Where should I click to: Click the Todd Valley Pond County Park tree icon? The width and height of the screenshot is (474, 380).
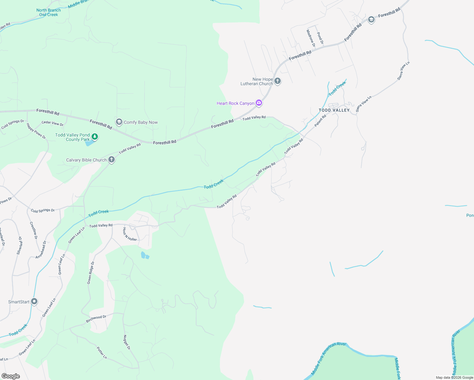[94, 137]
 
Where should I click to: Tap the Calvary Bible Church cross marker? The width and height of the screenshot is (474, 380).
[111, 160]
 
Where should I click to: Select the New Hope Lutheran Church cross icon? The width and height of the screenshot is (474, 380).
[278, 81]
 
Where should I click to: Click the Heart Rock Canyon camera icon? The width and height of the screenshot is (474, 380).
[259, 103]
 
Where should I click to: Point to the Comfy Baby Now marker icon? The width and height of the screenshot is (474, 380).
[119, 122]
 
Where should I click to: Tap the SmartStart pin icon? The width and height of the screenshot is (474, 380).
[34, 301]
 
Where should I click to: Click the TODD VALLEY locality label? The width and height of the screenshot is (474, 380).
[334, 110]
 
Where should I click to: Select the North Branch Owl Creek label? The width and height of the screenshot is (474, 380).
[48, 12]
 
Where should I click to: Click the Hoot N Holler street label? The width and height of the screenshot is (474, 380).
[130, 234]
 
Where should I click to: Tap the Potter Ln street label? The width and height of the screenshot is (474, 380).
[102, 353]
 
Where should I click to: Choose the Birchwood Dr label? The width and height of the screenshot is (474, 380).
[96, 319]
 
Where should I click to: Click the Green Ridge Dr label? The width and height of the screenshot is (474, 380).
[91, 273]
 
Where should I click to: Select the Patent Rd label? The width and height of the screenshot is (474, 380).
[320, 121]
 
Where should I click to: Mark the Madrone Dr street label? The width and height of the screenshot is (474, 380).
[311, 38]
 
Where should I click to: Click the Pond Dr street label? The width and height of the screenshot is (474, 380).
[320, 38]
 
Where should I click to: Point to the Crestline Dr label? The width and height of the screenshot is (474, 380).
[34, 230]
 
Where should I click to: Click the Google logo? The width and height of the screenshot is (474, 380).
[10, 376]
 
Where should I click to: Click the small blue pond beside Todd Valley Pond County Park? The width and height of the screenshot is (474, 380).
[90, 143]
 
